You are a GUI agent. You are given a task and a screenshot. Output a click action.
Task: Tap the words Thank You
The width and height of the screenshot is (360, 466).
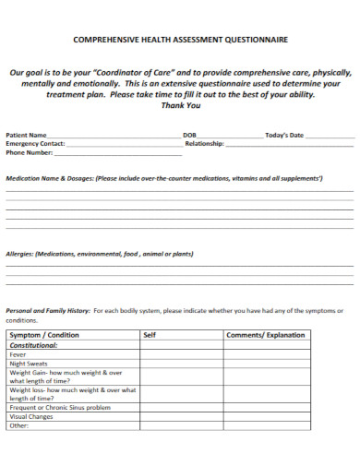click(180, 105)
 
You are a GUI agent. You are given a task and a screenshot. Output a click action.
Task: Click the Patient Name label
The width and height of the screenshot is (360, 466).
click(27, 135)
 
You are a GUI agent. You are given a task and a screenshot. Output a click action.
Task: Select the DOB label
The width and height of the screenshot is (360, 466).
click(189, 135)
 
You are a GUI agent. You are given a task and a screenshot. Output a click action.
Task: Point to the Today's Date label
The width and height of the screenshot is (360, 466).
click(284, 135)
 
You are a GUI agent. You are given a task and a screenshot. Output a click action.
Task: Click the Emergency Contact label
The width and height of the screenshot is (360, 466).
click(35, 144)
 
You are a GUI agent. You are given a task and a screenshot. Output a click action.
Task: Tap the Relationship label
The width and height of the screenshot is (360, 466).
click(205, 144)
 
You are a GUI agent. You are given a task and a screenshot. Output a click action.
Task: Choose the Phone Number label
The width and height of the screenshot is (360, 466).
click(29, 153)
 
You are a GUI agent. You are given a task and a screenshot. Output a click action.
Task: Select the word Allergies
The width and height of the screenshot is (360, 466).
click(20, 253)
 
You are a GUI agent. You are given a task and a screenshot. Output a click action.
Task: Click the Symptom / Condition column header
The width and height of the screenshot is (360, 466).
click(44, 335)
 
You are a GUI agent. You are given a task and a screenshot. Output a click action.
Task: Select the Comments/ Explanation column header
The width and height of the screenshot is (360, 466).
click(265, 335)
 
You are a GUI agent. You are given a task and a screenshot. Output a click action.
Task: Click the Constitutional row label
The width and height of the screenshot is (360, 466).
click(34, 345)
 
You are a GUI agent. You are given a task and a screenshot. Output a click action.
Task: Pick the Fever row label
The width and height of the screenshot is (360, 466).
click(18, 354)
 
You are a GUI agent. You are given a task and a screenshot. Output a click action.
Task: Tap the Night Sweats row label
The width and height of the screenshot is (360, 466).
click(29, 364)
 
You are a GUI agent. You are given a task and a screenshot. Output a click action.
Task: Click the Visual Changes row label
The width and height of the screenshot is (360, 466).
click(32, 416)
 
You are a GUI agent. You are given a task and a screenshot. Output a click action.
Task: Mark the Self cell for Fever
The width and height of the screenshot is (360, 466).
click(181, 354)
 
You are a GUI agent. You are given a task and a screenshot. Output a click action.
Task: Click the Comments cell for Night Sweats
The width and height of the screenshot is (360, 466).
click(267, 364)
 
